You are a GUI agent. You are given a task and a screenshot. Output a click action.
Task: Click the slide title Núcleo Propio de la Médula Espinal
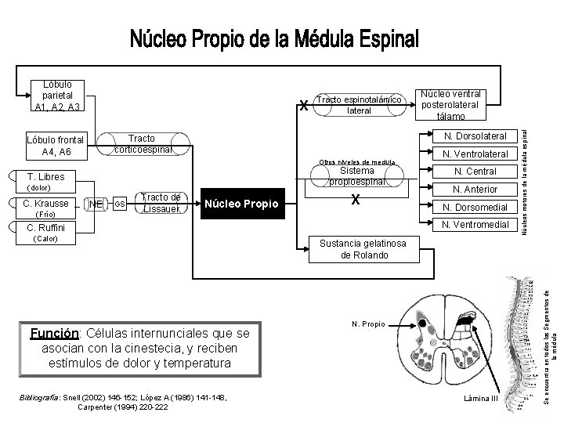[x=274, y=38]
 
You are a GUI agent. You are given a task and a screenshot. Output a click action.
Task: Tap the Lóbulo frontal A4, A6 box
[x=55, y=146]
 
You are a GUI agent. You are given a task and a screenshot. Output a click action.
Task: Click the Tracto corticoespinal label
[x=141, y=143]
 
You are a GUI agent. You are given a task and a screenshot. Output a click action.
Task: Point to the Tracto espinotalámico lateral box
[x=361, y=105]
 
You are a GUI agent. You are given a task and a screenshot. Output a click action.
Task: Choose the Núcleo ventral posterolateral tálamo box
[x=450, y=104]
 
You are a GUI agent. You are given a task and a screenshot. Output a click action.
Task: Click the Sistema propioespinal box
[x=357, y=176]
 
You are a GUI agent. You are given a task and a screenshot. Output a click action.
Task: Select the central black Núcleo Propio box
[x=242, y=204]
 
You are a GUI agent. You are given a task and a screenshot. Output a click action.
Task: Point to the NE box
[x=96, y=204]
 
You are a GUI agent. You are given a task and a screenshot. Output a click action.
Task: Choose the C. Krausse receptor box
[x=48, y=204]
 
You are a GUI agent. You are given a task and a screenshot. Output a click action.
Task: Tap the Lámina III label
[x=481, y=399]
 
